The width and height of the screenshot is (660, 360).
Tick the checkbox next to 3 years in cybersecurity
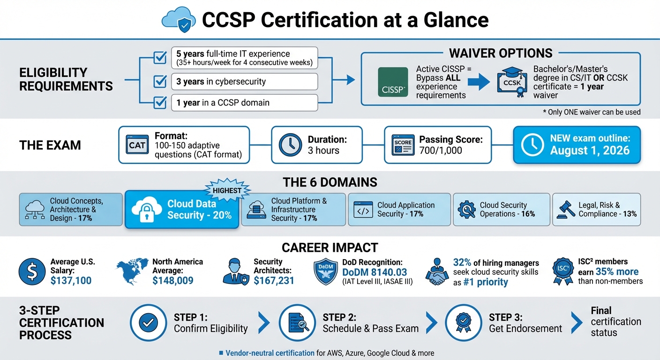pyautogui.click(x=160, y=81)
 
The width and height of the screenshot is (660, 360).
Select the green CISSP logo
pyautogui.click(x=393, y=82)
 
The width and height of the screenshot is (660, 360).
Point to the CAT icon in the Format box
pyautogui.click(x=137, y=145)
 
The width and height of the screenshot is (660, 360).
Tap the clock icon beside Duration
pyautogui.click(x=290, y=145)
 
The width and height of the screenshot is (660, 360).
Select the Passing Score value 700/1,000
pyautogui.click(x=441, y=150)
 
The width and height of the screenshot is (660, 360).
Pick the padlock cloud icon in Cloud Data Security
pyautogui.click(x=147, y=210)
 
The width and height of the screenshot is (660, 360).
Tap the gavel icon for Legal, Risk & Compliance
pyautogui.click(x=566, y=210)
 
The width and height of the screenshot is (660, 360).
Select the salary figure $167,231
pyautogui.click(x=274, y=280)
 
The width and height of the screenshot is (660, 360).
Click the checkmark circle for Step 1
pyautogui.click(x=148, y=322)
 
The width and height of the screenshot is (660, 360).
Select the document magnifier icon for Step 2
pyautogui.click(x=297, y=322)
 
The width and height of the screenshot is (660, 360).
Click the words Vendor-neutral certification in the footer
pyautogui.click(x=270, y=353)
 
